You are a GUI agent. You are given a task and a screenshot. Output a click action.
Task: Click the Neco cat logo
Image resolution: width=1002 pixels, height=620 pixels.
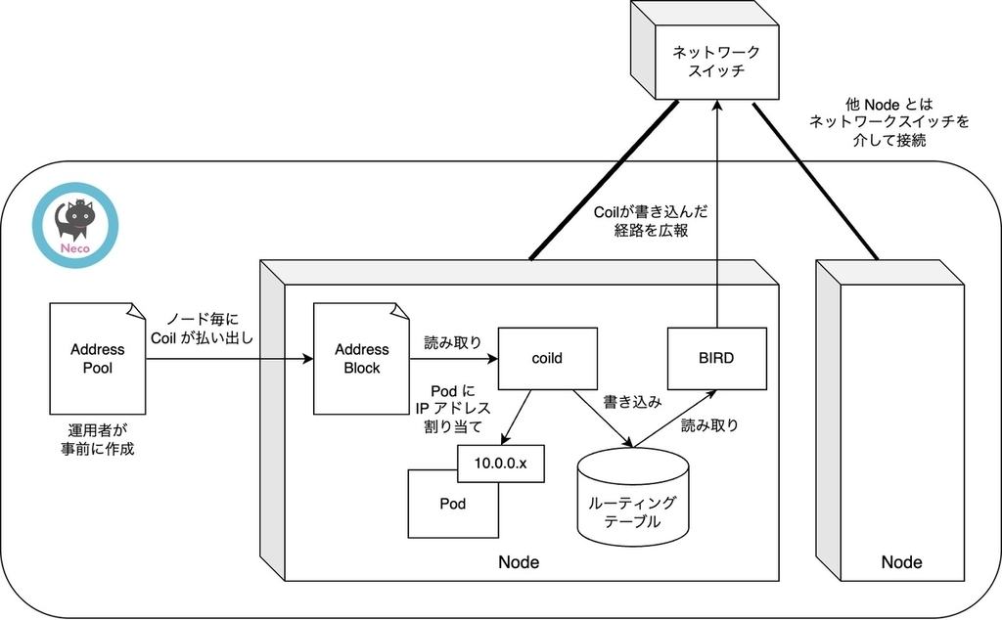pyautogui.click(x=75, y=227)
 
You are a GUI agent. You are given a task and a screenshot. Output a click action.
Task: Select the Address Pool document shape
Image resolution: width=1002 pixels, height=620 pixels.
pyautogui.click(x=98, y=358)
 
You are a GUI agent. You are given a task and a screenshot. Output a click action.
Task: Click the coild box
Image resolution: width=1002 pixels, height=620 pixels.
pyautogui.click(x=546, y=358)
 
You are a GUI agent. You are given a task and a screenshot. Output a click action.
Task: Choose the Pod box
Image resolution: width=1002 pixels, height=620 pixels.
pyautogui.click(x=452, y=505)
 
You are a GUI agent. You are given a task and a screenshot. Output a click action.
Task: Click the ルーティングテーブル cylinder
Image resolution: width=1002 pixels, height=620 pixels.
pyautogui.click(x=632, y=499)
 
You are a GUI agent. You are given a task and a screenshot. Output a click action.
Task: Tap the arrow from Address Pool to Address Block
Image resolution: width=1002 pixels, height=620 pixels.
pyautogui.click(x=229, y=359)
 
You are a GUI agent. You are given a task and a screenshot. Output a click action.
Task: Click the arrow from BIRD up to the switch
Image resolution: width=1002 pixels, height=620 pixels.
pyautogui.click(x=718, y=215)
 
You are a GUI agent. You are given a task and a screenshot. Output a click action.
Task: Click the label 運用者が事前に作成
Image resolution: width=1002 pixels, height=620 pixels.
pyautogui.click(x=97, y=440)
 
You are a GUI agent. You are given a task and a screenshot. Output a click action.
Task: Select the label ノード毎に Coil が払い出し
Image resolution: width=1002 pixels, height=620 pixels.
pyautogui.click(x=203, y=329)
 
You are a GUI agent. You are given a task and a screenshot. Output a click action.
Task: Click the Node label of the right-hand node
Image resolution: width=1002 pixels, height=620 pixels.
pyautogui.click(x=901, y=562)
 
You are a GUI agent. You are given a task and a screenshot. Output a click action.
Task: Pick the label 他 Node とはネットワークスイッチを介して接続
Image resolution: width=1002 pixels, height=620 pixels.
pyautogui.click(x=889, y=122)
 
